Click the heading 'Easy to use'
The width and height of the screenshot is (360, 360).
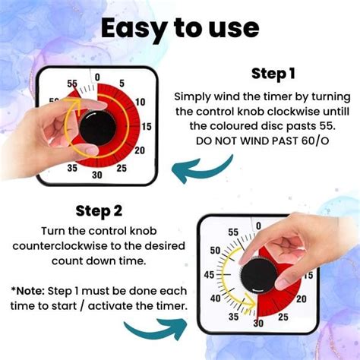[x=180, y=28]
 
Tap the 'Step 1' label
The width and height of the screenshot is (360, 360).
[x=274, y=75]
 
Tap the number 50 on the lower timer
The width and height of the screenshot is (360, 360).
[x=215, y=251]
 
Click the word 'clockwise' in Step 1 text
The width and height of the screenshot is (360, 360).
[x=284, y=112]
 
